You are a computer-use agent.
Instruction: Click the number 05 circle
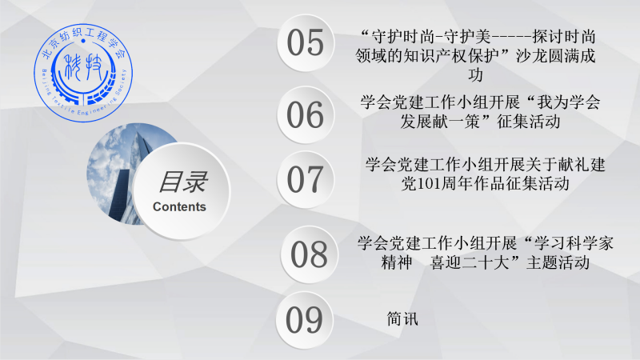306,43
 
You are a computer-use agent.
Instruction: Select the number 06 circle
306,114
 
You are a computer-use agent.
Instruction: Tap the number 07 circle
306,179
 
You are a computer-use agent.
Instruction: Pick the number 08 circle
309,254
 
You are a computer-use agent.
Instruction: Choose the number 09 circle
305,319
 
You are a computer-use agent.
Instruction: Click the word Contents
179,207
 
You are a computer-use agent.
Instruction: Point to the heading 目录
183,182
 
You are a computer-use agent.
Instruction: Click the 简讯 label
402,318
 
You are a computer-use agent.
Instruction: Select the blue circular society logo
83,73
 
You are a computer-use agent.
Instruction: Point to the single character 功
475,75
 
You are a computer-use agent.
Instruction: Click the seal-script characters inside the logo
84,66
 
